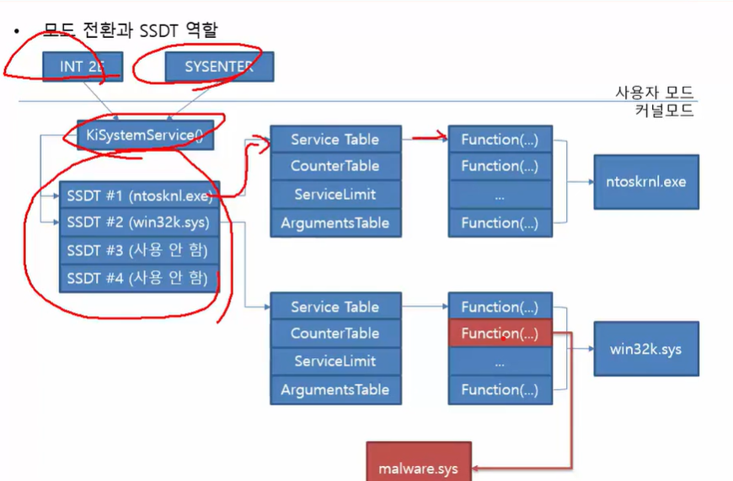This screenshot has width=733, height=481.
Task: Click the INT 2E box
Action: (x=83, y=67)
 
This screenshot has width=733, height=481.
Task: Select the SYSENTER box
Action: (x=218, y=67)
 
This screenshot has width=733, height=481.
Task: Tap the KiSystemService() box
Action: (x=145, y=135)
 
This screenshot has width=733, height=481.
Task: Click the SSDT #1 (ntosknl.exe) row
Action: (x=139, y=196)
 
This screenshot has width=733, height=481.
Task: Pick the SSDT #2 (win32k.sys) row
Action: (x=139, y=223)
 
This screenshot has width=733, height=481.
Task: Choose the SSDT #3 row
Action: (x=139, y=250)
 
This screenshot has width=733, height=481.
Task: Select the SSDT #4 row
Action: (x=139, y=278)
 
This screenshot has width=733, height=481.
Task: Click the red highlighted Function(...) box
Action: (x=500, y=334)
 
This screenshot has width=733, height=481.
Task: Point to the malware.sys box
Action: (x=418, y=463)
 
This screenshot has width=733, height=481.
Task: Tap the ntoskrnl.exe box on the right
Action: (x=646, y=181)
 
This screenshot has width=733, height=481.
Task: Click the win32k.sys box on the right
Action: (x=646, y=348)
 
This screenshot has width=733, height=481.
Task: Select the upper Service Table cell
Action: (x=335, y=140)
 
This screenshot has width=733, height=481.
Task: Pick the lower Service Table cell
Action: (x=335, y=307)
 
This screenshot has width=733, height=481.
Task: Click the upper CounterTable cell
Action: (x=335, y=167)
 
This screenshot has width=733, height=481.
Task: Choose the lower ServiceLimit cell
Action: (x=335, y=361)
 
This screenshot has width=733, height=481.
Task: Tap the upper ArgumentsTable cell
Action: (x=335, y=222)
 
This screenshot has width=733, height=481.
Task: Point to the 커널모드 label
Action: (x=665, y=111)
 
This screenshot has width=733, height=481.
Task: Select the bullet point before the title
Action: (x=15, y=31)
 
